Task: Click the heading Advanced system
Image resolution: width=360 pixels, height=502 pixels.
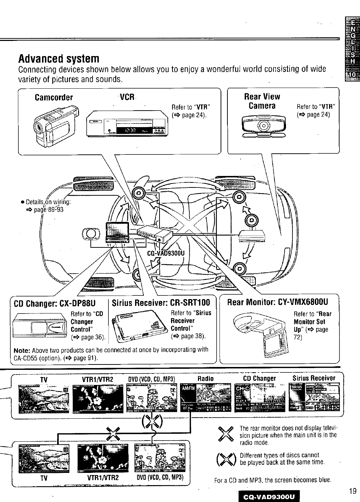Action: coord(59,58)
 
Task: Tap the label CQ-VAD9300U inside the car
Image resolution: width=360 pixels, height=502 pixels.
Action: coord(166,253)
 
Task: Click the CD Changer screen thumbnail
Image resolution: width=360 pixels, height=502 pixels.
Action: coord(259,398)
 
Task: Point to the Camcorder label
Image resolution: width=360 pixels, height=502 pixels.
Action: coord(54,98)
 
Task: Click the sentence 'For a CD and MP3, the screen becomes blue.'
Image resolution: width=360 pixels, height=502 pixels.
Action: coord(272,480)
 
